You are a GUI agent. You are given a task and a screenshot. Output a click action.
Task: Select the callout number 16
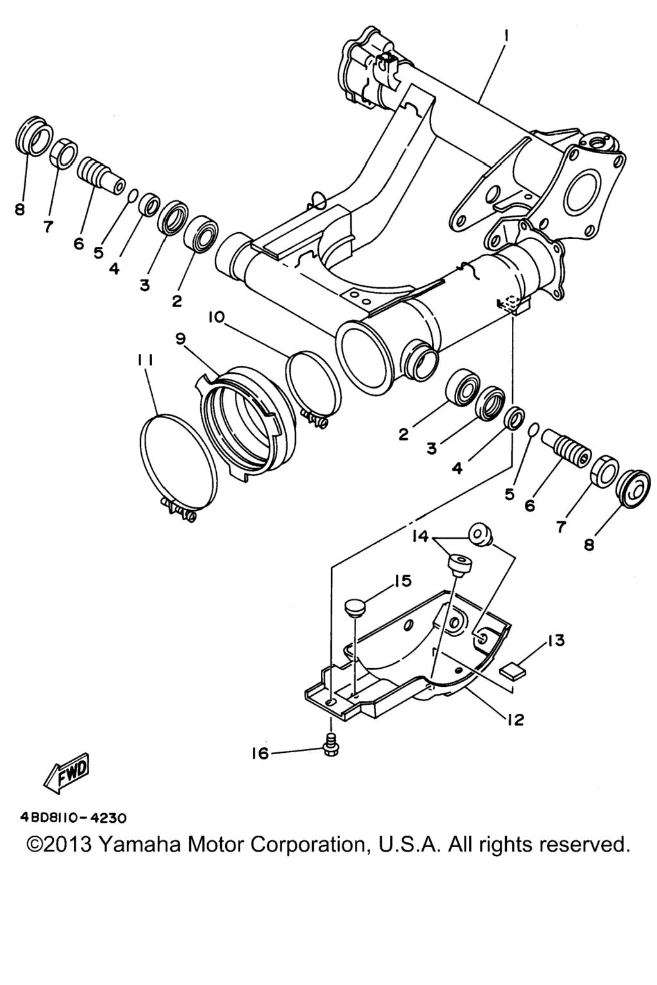260,753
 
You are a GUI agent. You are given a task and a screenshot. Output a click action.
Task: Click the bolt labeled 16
330,746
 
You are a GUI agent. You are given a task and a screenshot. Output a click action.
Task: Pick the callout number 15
402,581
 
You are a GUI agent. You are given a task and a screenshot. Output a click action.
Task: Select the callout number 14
420,536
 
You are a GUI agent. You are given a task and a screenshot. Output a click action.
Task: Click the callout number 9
180,339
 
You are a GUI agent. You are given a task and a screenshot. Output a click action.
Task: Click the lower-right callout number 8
589,545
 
